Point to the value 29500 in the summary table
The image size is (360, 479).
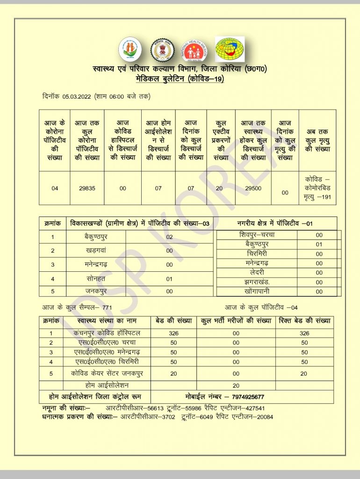[253, 188]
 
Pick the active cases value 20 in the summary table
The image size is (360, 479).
[221, 188]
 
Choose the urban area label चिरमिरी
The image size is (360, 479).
[257, 254]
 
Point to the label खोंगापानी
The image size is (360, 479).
[257, 291]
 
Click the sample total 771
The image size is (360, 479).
[107, 307]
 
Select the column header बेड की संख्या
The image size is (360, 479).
[173, 321]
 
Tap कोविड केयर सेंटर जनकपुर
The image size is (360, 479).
[107, 373]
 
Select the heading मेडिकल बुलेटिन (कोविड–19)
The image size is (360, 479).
[180, 79]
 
